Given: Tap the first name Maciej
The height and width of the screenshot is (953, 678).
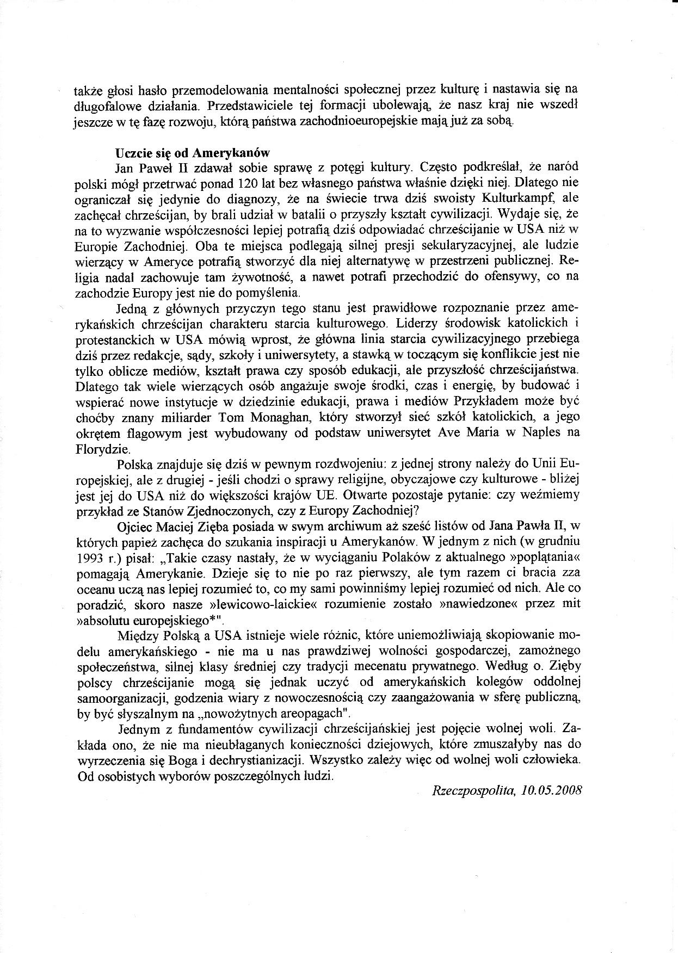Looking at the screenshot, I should pyautogui.click(x=187, y=527).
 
